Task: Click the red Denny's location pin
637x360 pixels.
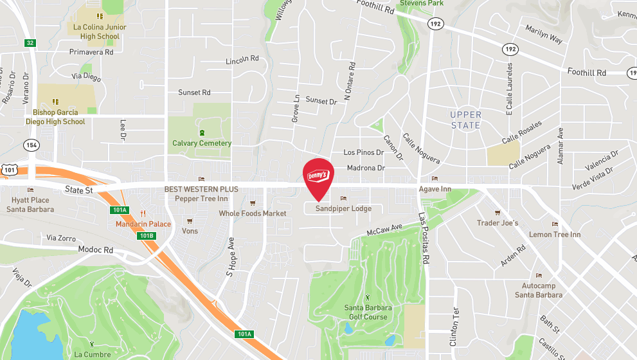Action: coord(318,177)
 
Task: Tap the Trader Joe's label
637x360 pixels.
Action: coord(497,222)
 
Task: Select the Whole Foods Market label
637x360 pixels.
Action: coord(253,213)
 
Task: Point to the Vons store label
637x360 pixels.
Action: coord(190,230)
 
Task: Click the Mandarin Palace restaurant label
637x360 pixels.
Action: coord(143,224)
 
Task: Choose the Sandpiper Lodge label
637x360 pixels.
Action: coord(343,208)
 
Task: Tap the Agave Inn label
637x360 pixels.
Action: coord(435,189)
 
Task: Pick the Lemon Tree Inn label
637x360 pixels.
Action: coord(554,235)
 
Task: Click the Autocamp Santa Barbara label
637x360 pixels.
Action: coord(539,290)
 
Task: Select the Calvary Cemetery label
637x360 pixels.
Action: coord(201,143)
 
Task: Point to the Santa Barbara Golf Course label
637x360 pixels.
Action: coord(366,312)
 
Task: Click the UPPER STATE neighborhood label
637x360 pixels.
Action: coord(466,120)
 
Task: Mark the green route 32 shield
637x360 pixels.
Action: coord(30,43)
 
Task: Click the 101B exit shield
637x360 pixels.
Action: coord(147,236)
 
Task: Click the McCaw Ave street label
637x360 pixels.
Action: coord(384,228)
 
